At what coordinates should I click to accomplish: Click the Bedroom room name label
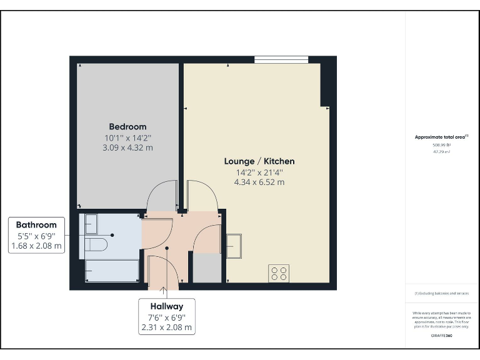pos(127,127)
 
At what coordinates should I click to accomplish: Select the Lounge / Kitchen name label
pos(259,161)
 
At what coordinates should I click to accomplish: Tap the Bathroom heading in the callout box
pos(36,225)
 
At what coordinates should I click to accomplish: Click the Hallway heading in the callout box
pos(166,306)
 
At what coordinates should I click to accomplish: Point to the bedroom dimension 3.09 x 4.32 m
pos(127,148)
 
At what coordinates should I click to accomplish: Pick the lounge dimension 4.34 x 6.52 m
pos(259,182)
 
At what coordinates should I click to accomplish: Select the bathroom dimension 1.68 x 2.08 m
pos(36,246)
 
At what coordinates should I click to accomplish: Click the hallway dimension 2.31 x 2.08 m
pos(166,327)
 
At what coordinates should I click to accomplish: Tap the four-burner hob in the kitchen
pos(279,273)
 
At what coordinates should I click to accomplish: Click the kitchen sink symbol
pos(233,245)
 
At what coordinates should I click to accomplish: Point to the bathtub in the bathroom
pos(111,271)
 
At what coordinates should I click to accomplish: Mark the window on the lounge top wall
pos(281,60)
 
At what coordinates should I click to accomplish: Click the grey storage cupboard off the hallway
pos(207,268)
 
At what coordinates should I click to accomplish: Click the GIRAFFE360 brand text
pos(442,336)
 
